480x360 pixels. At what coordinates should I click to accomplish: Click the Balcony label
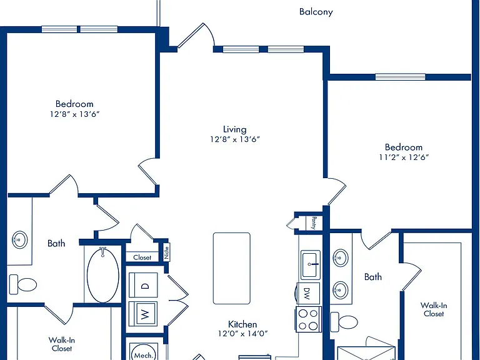click(316, 12)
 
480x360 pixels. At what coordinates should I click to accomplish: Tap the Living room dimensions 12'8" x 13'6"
click(235, 139)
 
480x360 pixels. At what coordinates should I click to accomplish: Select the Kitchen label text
click(242, 324)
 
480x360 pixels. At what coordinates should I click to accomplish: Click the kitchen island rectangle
click(232, 269)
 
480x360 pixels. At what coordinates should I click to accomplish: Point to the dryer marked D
click(143, 285)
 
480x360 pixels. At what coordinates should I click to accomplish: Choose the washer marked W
click(143, 314)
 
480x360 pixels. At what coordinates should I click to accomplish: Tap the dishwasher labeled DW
click(307, 293)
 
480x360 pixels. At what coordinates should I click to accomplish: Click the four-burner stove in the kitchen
click(309, 319)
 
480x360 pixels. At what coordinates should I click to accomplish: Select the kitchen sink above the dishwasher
click(311, 265)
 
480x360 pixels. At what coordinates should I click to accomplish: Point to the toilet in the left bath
click(23, 284)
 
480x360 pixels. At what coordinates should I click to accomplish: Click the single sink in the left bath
click(19, 240)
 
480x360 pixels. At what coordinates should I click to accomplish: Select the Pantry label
click(314, 222)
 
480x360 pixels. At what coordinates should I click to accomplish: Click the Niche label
click(166, 253)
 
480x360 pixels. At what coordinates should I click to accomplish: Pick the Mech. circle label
click(144, 355)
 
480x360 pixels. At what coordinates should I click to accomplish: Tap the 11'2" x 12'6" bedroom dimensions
click(404, 157)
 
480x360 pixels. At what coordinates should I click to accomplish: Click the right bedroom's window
click(401, 77)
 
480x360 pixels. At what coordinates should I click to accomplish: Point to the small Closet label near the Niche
click(142, 257)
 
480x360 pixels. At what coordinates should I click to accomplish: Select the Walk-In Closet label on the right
click(434, 309)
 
